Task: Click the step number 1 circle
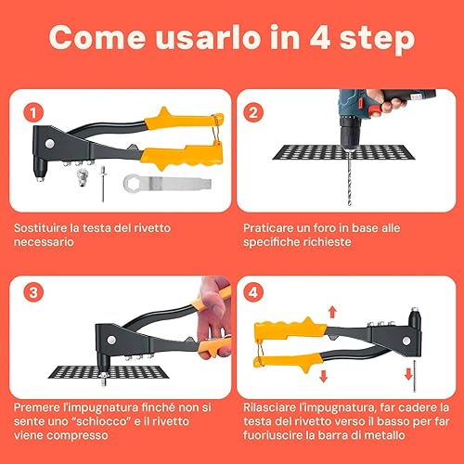33,112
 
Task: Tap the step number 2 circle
253,112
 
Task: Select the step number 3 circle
33,292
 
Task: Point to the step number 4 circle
253,292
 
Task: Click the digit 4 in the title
319,38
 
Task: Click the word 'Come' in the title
97,38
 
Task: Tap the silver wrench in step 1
167,184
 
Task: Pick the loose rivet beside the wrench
103,183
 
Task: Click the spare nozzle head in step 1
82,177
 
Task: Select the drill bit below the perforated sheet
350,183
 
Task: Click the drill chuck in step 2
349,133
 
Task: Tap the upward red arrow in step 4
332,312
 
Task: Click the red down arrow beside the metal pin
408,374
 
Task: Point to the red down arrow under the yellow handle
324,376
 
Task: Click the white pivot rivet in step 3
111,340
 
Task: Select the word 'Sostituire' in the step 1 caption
41,228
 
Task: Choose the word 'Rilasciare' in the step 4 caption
270,407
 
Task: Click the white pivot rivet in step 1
49,144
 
